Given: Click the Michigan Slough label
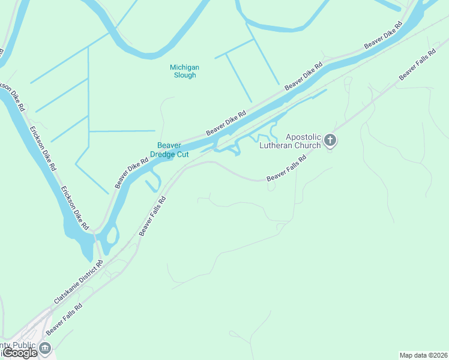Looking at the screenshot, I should click(184, 71).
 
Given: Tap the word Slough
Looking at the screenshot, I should click(184, 76).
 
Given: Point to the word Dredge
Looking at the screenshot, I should click(163, 154).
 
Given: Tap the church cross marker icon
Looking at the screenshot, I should click(330, 141).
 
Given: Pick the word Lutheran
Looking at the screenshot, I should click(274, 145).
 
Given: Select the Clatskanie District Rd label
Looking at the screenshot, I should click(79, 281).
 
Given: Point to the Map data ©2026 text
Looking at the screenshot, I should click(423, 355).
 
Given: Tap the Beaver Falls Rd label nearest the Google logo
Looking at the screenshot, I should click(64, 319).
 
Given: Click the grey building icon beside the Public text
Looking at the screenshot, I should click(45, 347).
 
